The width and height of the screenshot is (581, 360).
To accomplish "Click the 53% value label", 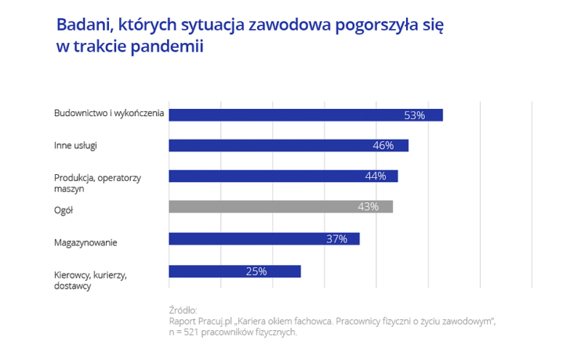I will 414,115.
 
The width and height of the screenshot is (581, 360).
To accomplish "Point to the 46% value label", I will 383,145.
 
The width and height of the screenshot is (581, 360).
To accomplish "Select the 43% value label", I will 368,207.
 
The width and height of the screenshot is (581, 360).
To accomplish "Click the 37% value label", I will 336,239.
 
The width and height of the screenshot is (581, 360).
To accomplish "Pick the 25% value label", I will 256,271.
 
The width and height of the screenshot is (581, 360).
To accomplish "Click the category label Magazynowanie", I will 86,242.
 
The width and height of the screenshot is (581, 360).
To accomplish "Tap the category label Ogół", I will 64,210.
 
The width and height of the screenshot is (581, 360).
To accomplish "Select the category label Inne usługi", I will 76,145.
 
